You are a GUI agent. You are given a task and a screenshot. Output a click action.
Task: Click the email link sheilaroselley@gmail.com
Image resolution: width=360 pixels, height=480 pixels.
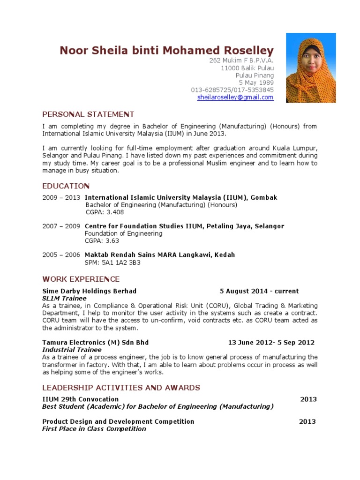[235, 97]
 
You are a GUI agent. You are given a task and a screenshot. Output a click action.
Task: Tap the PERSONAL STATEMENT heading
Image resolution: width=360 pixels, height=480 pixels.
[88, 114]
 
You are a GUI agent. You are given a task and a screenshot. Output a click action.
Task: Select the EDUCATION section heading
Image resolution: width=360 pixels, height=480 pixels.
[66, 186]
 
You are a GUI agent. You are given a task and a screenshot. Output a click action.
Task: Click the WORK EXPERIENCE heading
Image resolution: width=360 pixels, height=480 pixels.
[81, 279]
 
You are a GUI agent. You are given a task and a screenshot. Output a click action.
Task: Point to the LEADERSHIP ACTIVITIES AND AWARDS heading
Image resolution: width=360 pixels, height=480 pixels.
[121, 388]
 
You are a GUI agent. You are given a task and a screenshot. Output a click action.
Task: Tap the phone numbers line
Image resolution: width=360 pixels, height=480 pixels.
[232, 90]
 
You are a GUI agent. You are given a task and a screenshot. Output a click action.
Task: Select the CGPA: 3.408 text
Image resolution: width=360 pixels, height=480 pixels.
[104, 212]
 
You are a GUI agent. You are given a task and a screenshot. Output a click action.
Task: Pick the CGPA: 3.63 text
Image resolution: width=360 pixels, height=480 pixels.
[102, 241]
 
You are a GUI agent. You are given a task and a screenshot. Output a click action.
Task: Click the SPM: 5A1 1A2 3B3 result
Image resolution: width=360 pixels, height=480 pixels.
[112, 262]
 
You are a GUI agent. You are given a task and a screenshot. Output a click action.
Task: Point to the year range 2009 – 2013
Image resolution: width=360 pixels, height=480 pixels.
[61, 198]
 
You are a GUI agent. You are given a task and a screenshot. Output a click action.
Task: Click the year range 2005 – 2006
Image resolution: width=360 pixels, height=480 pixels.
[61, 255]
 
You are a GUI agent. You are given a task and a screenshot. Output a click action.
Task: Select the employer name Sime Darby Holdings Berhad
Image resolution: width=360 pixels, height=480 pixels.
[89, 291]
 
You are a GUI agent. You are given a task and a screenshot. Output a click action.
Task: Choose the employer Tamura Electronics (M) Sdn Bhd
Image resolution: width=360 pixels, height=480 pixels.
[95, 343]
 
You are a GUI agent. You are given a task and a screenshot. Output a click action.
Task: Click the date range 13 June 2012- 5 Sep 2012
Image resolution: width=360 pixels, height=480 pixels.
[271, 343]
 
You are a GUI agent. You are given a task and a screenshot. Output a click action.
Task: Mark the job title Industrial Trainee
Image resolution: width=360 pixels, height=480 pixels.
[72, 350]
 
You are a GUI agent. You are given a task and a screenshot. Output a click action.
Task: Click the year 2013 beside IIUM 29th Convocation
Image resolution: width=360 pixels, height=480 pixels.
[308, 399]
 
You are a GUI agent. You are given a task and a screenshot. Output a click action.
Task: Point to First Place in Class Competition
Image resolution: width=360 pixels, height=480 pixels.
[94, 428]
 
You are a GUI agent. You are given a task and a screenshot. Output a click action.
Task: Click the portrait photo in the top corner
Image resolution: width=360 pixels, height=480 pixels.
[311, 68]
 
